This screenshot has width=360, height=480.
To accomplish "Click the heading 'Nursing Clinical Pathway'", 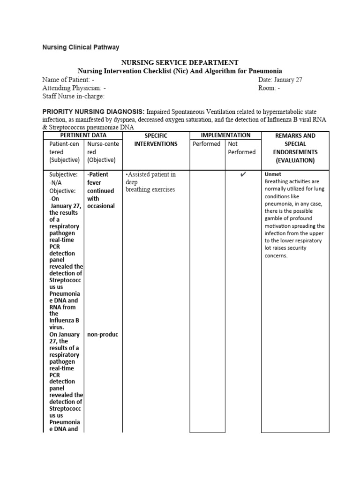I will coord(81,47).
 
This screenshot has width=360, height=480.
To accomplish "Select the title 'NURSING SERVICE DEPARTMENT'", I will coord(180,63).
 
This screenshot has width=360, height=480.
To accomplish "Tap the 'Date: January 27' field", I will coord(280,80).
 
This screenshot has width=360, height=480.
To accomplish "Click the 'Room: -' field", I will coord(269,88).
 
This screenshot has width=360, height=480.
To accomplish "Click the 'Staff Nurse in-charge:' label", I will coord(73,97).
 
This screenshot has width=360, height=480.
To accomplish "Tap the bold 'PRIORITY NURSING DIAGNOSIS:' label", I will coord(94,112).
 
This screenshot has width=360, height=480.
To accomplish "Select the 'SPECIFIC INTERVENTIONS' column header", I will coord(156,140).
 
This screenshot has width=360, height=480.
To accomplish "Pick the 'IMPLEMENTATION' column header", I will coord(225,135).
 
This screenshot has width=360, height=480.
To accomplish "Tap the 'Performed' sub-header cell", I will coord(207,144).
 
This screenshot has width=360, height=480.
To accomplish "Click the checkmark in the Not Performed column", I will coord(243,175).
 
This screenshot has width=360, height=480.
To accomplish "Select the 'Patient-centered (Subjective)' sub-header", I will coord(64,152).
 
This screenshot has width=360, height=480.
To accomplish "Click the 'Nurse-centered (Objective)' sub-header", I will coord(103,152).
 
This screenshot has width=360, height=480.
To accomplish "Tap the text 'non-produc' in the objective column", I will coord(103,335).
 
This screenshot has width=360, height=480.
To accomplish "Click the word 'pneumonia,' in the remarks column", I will coord(280,204).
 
